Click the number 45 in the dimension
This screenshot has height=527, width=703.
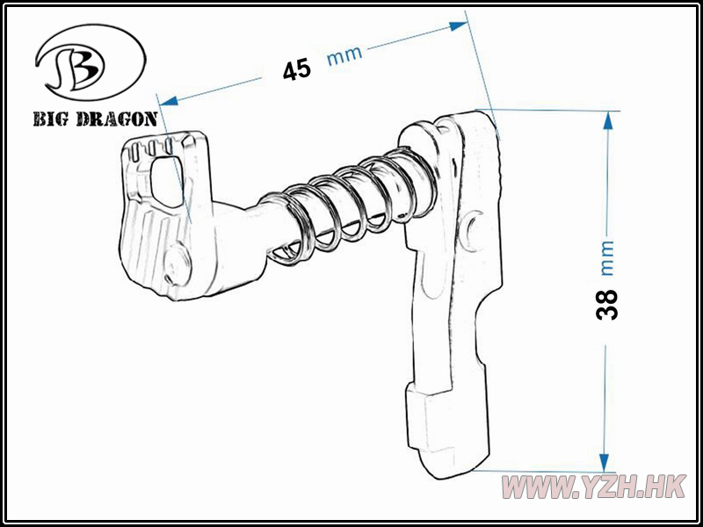point(297,69)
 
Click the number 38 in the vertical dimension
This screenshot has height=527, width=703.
point(607,305)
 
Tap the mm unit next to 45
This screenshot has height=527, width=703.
point(344,54)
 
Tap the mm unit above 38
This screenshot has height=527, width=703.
point(607,258)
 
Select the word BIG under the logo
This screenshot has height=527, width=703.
point(51,119)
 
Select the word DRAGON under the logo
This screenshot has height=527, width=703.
point(117,119)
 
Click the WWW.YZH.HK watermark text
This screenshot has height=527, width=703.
point(594,487)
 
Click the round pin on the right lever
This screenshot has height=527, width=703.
point(475,231)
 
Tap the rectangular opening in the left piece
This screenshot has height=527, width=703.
point(166,181)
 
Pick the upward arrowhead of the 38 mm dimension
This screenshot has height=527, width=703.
point(608,120)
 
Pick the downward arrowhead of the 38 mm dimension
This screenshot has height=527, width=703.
point(604,463)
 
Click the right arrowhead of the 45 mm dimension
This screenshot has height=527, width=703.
point(458,26)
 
